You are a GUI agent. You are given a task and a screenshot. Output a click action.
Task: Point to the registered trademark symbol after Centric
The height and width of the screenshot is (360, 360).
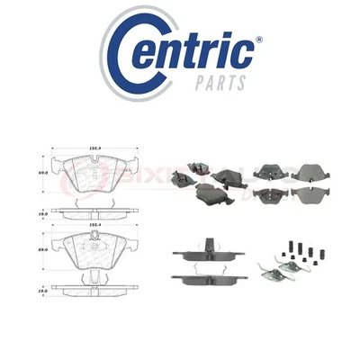257,40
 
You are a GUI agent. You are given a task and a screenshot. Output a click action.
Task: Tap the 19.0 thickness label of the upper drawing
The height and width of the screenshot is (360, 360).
40,212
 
